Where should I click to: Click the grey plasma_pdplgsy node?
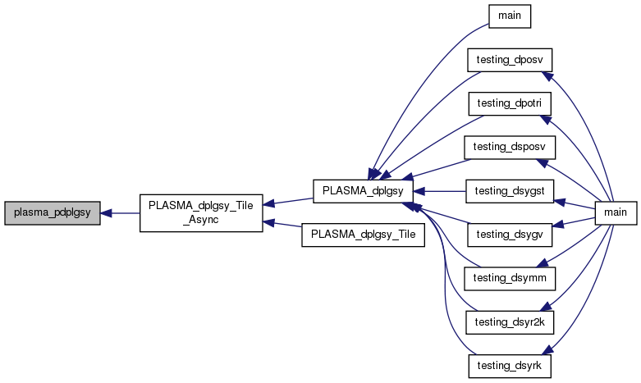click(53, 213)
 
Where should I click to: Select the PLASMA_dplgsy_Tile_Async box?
click(201, 213)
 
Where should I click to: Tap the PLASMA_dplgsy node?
click(361, 190)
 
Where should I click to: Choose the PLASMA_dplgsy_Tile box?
click(361, 235)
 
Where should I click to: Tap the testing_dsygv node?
click(509, 234)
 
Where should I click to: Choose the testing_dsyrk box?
click(509, 365)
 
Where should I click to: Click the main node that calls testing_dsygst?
click(616, 212)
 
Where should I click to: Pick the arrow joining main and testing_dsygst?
click(575, 203)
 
